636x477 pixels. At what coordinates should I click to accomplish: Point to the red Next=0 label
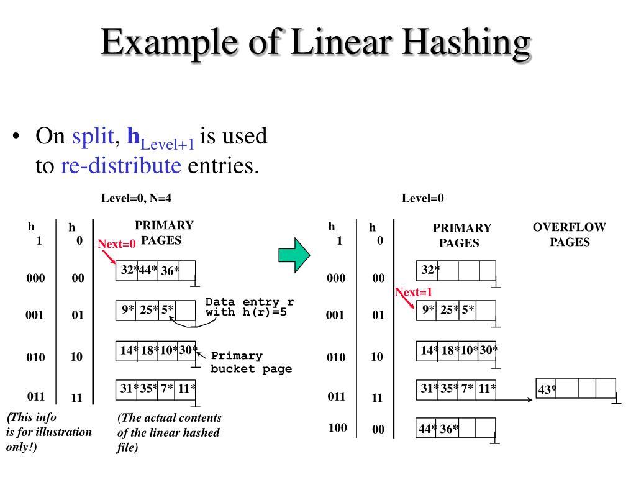pos(116,244)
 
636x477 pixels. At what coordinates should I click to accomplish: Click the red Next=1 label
pos(413,292)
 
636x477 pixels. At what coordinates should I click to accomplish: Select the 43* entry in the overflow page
pos(547,390)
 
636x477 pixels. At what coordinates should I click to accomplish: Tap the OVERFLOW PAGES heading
pos(569,234)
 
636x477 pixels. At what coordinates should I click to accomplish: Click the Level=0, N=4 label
pos(136,199)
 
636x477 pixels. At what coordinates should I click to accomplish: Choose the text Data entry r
pos(250,302)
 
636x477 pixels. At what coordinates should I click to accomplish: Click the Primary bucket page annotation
pos(251,362)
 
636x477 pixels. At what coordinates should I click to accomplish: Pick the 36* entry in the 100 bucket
pos(449,429)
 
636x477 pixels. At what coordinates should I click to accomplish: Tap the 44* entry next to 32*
pos(148,270)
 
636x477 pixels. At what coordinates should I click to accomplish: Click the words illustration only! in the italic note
pos(49,439)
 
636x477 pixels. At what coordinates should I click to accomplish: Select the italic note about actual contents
pos(169,432)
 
